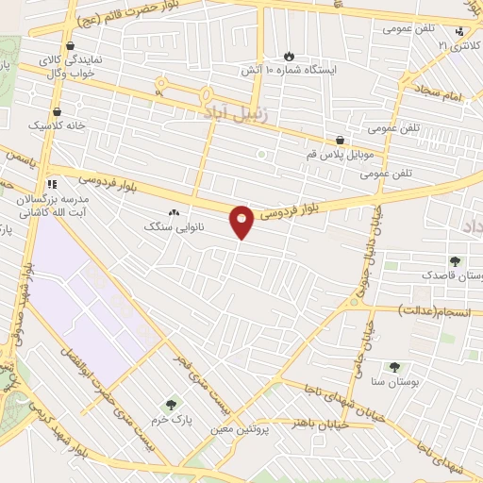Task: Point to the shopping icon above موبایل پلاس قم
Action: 339,139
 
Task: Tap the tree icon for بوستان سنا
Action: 394,367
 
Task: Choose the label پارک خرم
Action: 171,417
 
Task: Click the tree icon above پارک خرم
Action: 171,404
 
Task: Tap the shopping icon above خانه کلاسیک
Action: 58,110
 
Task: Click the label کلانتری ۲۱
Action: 457,44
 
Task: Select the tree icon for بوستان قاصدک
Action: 457,261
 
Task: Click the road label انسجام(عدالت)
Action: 425,309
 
